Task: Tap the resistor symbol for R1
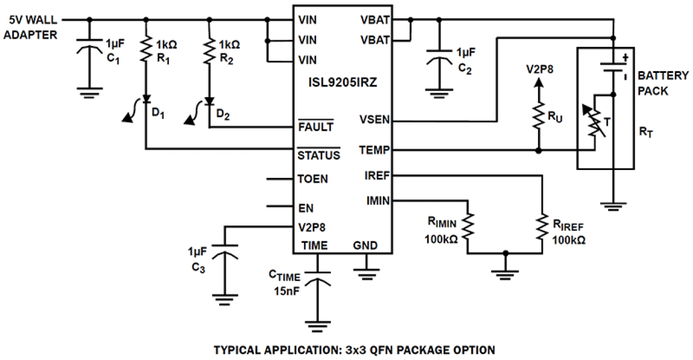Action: [146, 49]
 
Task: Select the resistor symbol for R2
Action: [209, 49]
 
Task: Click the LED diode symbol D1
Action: [146, 99]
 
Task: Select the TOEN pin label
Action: [312, 179]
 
